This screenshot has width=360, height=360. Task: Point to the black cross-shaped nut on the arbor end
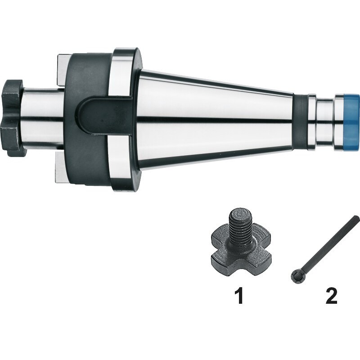(x=13, y=118)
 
